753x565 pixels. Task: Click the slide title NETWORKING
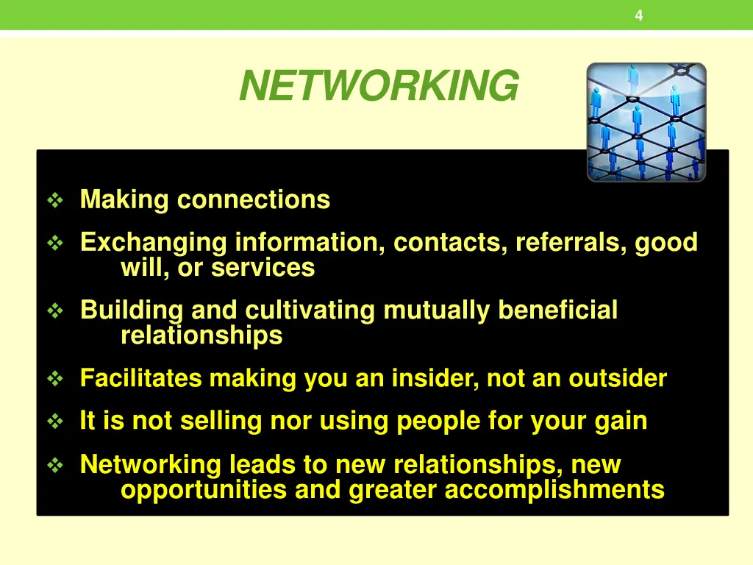[x=378, y=86]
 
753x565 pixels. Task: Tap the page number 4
[x=638, y=15]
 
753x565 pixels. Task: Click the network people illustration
[x=646, y=122]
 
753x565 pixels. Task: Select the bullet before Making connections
[x=56, y=200]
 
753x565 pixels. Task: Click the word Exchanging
[x=154, y=242]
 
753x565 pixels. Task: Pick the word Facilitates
[x=140, y=378]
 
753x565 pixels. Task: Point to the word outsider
[x=618, y=378]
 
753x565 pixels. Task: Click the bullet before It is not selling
[x=56, y=422]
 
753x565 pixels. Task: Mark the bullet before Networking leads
[x=56, y=466]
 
